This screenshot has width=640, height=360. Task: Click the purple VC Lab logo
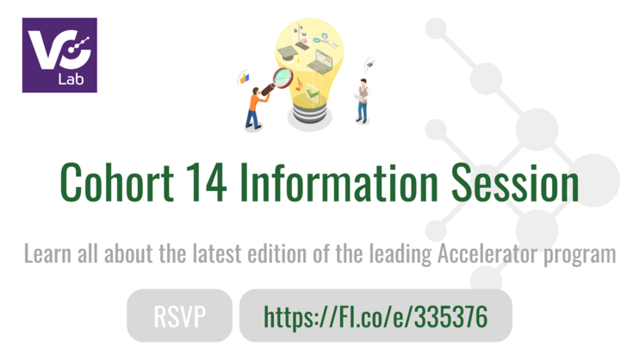coord(59,54)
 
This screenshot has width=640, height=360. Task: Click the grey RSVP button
coord(179,316)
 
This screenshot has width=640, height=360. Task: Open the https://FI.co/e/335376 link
coord(376,316)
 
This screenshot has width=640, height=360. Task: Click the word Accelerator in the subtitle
coord(487,255)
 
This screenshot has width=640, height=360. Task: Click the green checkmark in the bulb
coord(311,88)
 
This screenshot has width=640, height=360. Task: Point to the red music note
coord(295,85)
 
